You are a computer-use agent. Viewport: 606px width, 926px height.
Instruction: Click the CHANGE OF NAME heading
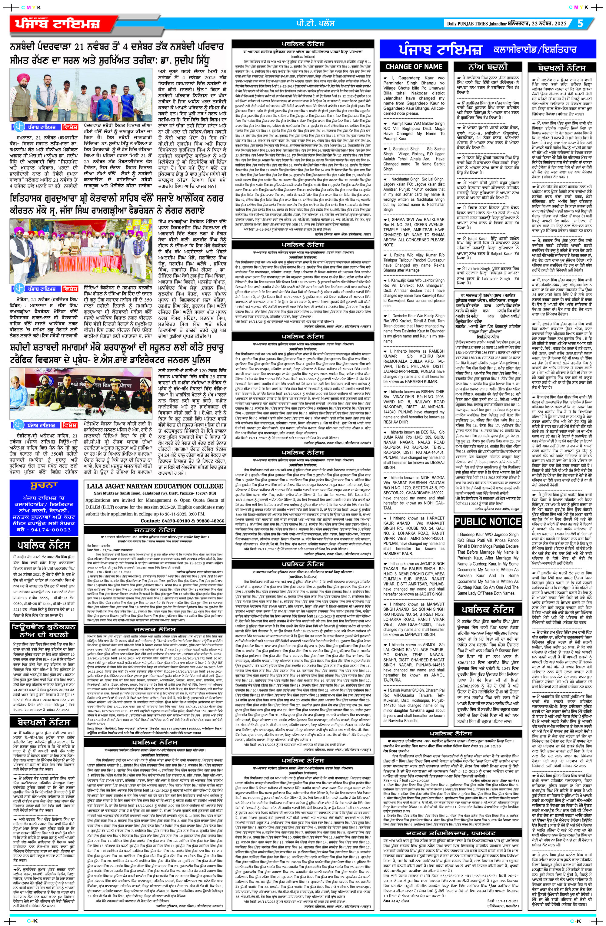pyautogui.click(x=414, y=67)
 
